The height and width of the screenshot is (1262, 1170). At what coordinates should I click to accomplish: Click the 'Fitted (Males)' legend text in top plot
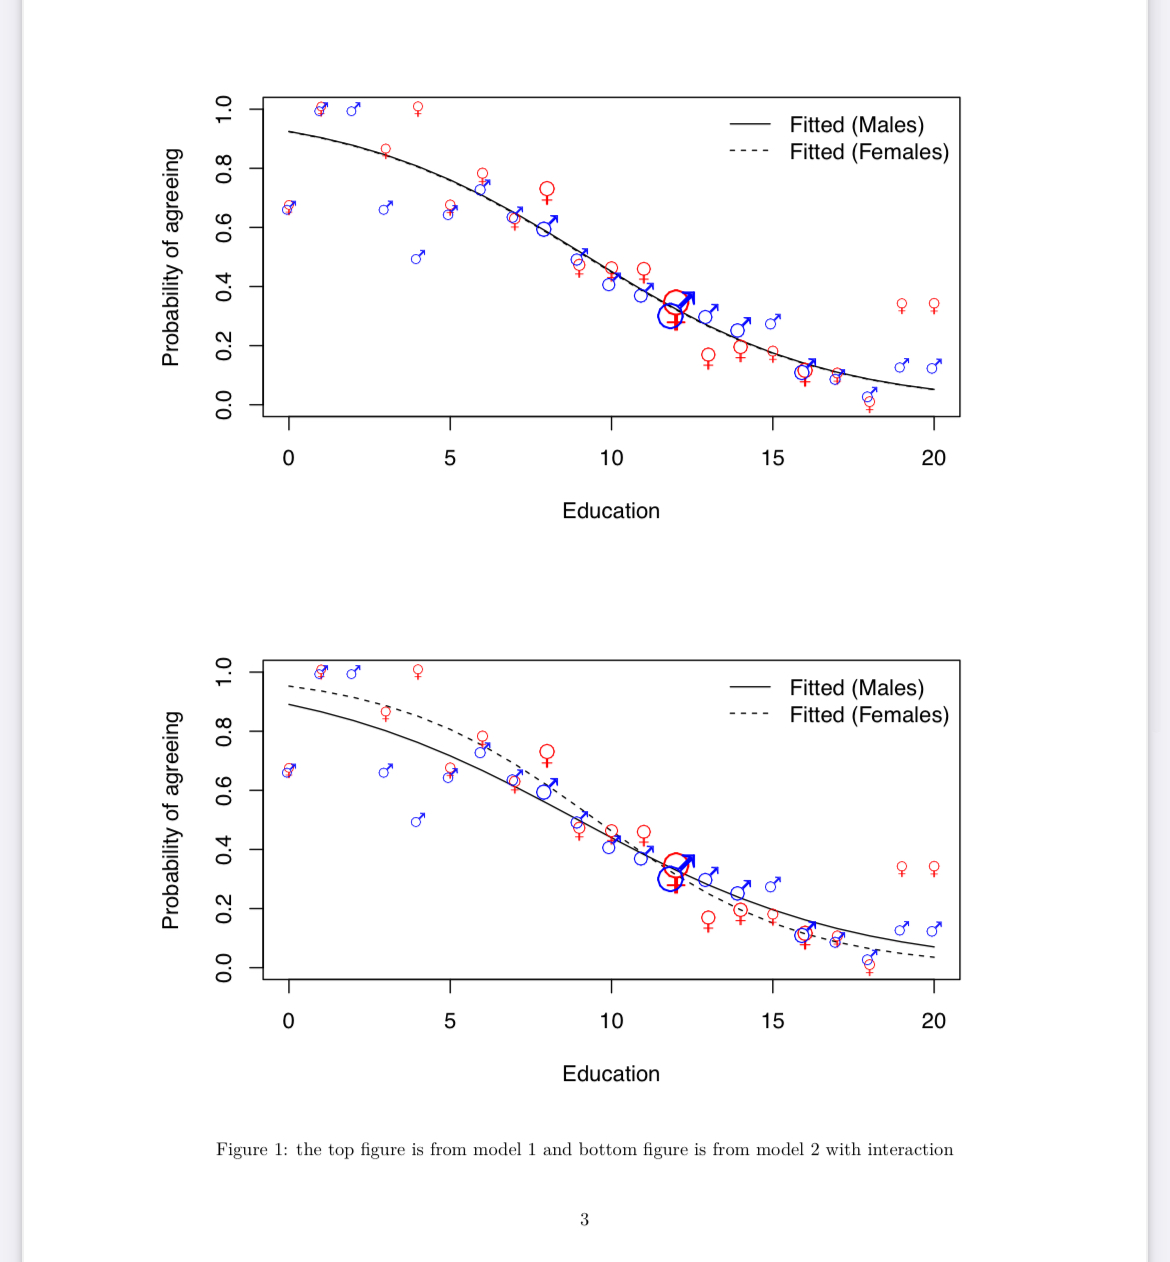point(856,125)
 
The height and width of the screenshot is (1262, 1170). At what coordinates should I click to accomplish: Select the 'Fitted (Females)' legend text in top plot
point(869,152)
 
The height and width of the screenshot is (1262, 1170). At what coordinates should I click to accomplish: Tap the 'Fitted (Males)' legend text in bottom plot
point(856,688)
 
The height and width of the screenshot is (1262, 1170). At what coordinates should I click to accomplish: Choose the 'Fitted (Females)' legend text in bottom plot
point(869,715)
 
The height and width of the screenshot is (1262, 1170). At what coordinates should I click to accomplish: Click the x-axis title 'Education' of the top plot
point(611,511)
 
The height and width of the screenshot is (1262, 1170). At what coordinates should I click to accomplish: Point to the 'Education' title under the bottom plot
point(611,1074)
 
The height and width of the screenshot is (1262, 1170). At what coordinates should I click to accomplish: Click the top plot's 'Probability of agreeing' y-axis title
point(172,257)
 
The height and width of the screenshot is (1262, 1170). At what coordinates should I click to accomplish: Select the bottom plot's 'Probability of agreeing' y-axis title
point(172,820)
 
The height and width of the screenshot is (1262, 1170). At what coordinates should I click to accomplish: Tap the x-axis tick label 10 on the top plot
point(611,458)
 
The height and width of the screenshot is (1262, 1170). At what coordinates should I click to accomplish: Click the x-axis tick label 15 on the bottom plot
point(772,1021)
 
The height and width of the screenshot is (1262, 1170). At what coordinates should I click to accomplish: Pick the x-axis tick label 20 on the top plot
point(933,458)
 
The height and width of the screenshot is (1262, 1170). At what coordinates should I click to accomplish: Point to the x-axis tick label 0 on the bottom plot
point(289,1021)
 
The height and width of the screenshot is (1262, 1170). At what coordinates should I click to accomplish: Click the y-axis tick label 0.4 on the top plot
point(224,287)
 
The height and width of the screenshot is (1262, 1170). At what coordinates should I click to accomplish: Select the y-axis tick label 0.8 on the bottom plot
point(224,731)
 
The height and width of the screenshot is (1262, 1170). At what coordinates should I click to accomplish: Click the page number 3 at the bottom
point(585,1219)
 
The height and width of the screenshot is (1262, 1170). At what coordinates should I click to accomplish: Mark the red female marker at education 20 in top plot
point(934,305)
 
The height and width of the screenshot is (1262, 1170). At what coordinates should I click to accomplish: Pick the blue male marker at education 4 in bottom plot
point(417,821)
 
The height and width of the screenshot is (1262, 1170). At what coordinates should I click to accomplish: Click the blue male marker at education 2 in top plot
point(352,110)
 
